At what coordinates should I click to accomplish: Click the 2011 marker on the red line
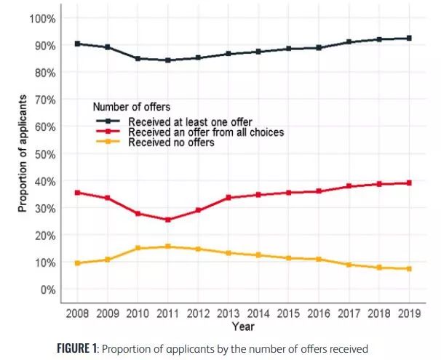[169, 220]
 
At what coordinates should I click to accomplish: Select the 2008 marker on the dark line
[77, 44]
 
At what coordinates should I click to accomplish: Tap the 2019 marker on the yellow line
[409, 269]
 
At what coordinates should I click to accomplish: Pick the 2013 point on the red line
[229, 198]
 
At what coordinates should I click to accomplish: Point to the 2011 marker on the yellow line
[169, 247]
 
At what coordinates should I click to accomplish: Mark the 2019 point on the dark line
[409, 38]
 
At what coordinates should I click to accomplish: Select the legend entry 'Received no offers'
[171, 143]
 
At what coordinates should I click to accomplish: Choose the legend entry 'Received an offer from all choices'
[205, 132]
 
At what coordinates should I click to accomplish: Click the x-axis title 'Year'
[243, 327]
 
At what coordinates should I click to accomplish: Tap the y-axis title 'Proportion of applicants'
[22, 153]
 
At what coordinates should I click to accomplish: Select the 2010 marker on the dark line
[138, 58]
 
